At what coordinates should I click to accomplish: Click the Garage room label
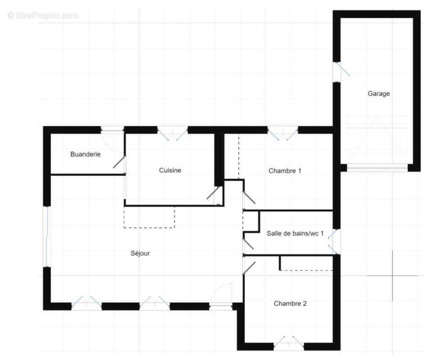(x=379, y=94)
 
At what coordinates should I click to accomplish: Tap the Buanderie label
(x=86, y=154)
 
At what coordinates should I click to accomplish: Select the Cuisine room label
(x=170, y=171)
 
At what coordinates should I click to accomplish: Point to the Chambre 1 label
(x=285, y=171)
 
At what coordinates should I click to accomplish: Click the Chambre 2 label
(x=290, y=304)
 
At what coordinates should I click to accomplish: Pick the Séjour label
(x=140, y=253)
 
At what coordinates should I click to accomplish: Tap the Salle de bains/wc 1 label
(x=295, y=233)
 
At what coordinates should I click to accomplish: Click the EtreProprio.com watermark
(x=43, y=16)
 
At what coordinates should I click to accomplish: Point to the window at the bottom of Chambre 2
(x=289, y=343)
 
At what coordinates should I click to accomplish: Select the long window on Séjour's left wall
(x=46, y=236)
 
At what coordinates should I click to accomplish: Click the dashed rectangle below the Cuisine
(x=149, y=217)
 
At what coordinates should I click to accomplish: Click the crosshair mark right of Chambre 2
(x=392, y=275)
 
